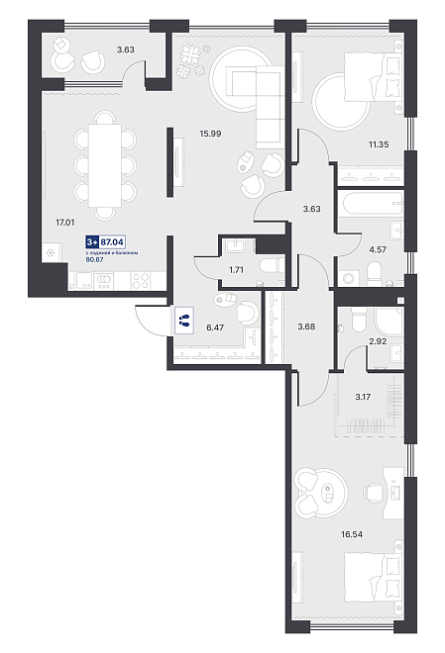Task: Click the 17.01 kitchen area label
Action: [65, 223]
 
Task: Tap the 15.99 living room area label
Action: [210, 134]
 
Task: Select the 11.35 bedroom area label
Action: [379, 144]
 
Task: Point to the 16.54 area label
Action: [352, 534]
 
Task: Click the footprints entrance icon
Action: [184, 320]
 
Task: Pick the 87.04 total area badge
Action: [113, 241]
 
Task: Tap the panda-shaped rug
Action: [321, 493]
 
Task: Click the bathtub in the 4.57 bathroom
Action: [371, 203]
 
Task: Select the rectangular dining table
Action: [105, 165]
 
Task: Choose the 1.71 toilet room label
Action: [236, 270]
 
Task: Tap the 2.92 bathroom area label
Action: [378, 341]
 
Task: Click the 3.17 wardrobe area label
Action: [363, 397]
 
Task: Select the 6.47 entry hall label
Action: [215, 327]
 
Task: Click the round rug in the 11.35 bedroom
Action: [341, 101]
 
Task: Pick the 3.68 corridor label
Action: [306, 326]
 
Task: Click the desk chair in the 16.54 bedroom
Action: [374, 493]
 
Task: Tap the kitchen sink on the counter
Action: [84, 281]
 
